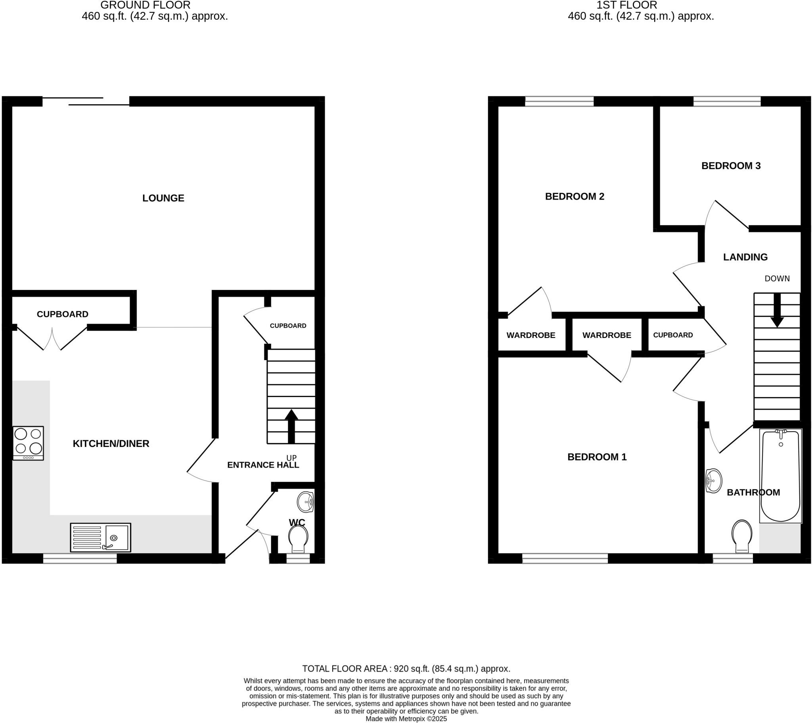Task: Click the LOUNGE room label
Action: click(x=163, y=198)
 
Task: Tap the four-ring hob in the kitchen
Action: click(x=28, y=443)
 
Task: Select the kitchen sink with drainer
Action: click(x=100, y=537)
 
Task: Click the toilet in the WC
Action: click(x=298, y=538)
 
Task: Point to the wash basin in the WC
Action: click(x=306, y=502)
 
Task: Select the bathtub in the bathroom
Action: click(x=780, y=476)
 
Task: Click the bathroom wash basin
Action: click(x=714, y=481)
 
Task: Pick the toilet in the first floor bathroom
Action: click(x=742, y=535)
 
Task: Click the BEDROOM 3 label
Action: click(x=731, y=166)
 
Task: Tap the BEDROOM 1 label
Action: click(x=597, y=457)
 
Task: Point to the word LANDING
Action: click(x=745, y=257)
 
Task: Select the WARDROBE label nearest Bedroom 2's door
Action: click(x=531, y=335)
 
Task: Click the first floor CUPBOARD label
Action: click(x=672, y=335)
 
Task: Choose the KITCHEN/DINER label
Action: click(x=111, y=443)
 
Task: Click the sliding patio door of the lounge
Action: click(x=86, y=102)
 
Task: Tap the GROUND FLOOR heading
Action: click(x=145, y=5)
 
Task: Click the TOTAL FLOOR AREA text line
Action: click(x=406, y=669)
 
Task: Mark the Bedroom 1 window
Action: click(x=565, y=558)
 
